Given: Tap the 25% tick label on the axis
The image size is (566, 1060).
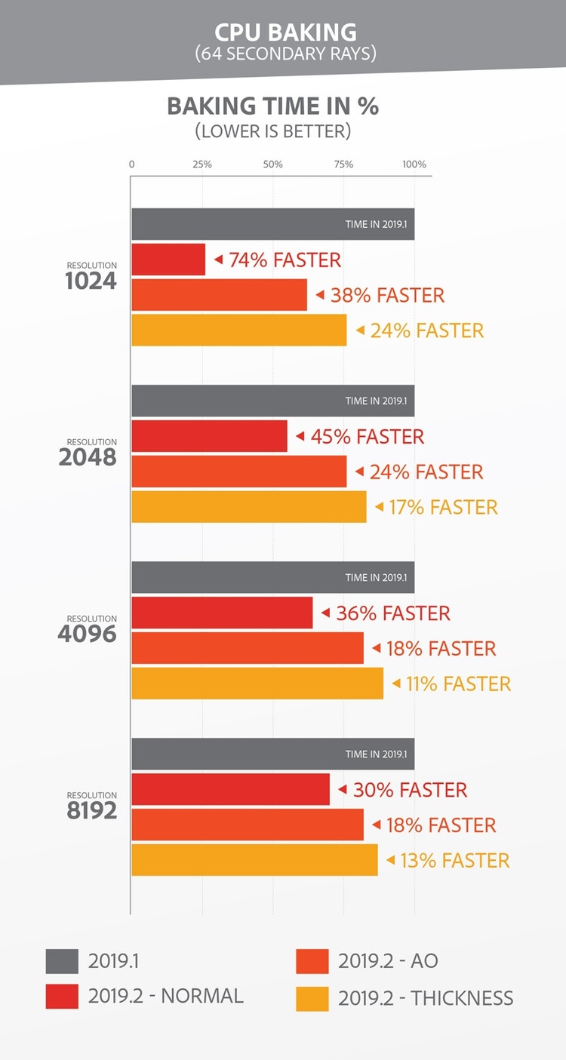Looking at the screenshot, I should click(x=202, y=164).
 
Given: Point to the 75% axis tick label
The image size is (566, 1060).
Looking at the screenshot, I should click(x=343, y=164).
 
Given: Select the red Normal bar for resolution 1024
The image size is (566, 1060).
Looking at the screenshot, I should click(x=168, y=260).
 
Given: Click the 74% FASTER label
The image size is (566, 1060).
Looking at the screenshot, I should click(x=285, y=260).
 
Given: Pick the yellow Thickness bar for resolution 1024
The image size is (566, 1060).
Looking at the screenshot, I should click(x=238, y=330).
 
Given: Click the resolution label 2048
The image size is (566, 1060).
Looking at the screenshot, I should click(x=88, y=457).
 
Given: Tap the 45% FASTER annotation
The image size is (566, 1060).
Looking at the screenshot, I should click(x=367, y=437).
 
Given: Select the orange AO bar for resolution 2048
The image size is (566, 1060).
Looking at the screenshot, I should click(x=238, y=472).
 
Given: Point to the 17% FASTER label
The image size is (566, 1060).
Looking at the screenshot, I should click(x=443, y=507).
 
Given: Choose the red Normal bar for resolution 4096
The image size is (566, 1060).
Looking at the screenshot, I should click(x=222, y=613).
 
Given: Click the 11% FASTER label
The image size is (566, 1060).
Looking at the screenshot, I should click(x=458, y=684).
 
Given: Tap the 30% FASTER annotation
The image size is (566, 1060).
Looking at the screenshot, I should click(x=410, y=790).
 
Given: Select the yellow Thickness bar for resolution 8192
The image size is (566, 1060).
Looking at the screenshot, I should click(x=254, y=860).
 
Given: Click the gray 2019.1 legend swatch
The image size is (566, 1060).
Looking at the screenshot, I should click(x=62, y=961).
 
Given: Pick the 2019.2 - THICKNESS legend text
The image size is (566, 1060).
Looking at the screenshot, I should click(x=426, y=998).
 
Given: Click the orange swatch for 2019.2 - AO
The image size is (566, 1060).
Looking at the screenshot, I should click(x=312, y=961).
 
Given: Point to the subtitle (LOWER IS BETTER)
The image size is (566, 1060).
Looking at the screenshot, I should click(x=272, y=131).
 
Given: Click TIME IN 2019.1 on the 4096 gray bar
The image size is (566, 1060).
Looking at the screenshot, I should click(x=376, y=578).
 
